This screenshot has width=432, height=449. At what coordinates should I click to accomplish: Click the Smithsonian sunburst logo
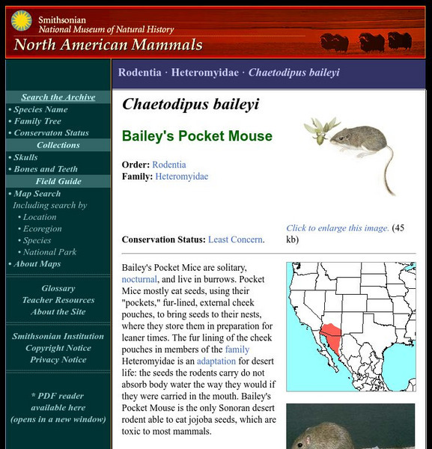click(21, 21)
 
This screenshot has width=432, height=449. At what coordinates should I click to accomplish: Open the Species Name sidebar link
click(40, 109)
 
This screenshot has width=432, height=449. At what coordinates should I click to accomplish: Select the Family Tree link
click(37, 121)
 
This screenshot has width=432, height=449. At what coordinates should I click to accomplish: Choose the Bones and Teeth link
click(46, 169)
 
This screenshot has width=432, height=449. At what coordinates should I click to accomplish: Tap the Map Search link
click(37, 194)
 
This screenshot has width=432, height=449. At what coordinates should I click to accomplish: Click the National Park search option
click(49, 252)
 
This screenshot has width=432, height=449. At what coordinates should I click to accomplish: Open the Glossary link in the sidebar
click(58, 288)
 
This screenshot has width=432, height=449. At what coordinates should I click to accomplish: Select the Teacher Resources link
click(58, 300)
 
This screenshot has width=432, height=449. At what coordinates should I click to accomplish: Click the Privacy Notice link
click(58, 360)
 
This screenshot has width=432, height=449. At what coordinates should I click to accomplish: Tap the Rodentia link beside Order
click(169, 165)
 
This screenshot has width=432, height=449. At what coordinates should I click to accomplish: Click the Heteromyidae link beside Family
click(182, 177)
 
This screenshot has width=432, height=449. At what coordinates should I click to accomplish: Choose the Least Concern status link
click(235, 239)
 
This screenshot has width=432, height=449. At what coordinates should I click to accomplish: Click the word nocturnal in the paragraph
click(139, 279)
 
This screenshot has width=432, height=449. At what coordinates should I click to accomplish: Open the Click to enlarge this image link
click(338, 228)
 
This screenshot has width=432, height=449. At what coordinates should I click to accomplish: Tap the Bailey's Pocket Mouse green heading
click(187, 136)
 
